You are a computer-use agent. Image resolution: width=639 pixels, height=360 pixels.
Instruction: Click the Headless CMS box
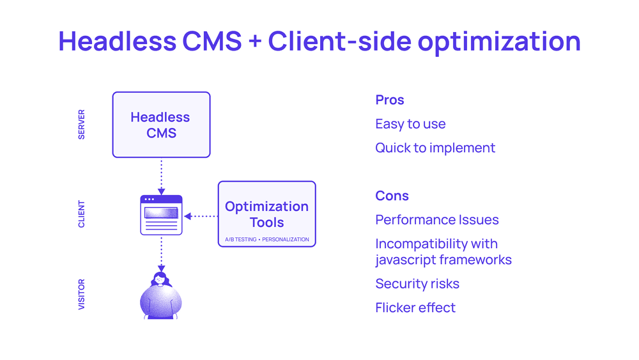162,125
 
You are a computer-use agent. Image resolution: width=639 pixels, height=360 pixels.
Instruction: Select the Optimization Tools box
267,214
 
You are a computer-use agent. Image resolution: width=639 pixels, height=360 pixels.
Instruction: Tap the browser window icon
162,215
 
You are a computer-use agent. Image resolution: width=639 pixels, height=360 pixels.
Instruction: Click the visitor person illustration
161,295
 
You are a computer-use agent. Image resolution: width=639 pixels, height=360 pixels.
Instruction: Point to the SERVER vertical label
82,124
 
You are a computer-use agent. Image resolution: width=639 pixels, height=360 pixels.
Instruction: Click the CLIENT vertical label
82,214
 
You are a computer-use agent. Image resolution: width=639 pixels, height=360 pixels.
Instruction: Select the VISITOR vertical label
82,294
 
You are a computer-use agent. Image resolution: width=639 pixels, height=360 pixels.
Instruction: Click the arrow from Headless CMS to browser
162,176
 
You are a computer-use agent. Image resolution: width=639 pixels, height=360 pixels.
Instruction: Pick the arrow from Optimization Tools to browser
201,216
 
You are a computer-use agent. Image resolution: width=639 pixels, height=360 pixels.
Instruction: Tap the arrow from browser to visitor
162,254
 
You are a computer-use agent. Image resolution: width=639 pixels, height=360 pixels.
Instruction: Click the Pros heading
390,100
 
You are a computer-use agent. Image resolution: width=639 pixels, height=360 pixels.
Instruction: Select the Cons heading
392,196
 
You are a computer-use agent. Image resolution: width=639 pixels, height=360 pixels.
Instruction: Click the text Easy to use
410,124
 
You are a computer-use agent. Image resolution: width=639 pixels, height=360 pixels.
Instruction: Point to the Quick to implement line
435,148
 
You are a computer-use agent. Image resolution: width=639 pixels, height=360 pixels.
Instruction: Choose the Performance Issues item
437,220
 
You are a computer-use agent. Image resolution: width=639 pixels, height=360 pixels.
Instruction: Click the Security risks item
417,284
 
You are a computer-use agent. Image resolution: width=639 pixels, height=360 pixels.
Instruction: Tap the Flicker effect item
415,308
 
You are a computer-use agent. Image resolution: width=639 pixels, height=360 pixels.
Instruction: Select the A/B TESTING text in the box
240,239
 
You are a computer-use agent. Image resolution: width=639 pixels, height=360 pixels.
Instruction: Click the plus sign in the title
255,42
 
